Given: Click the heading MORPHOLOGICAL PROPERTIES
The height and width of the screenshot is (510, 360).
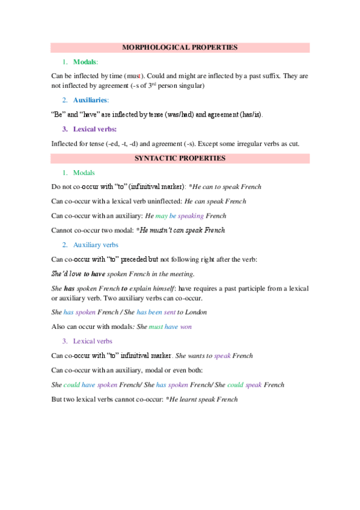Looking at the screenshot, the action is [x=180, y=47].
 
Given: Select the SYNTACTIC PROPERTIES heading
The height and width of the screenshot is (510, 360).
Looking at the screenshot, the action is [x=180, y=159].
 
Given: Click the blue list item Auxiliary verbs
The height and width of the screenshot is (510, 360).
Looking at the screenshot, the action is [x=96, y=245].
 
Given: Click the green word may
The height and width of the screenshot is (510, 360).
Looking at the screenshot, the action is [x=161, y=216].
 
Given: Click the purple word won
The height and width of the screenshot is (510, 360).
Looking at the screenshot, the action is [x=186, y=327].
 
